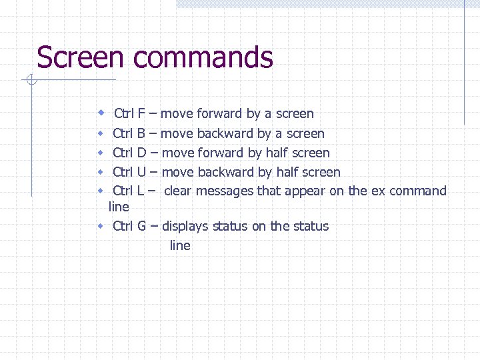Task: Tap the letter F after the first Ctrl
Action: tap(141, 113)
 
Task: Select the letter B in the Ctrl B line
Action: tap(141, 133)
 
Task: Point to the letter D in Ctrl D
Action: tap(141, 153)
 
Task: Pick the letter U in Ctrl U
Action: tap(141, 172)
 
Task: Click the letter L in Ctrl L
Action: tap(140, 191)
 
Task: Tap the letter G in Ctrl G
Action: tap(142, 226)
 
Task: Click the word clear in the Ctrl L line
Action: tap(178, 191)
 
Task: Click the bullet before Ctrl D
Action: tap(100, 153)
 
